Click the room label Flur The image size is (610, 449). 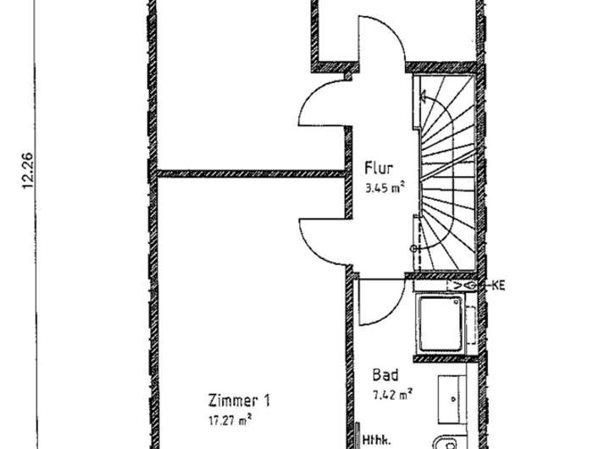[x=378, y=167]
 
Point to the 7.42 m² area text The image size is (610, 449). [x=392, y=394]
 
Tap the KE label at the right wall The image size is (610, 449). [x=498, y=286]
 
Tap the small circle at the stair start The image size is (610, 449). [x=413, y=248]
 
